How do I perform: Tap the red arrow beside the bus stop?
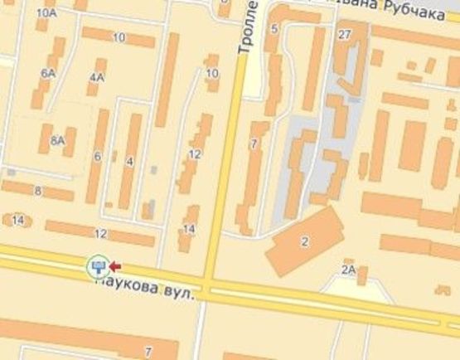point(115,266)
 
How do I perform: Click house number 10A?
point(47,14)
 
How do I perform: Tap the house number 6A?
point(47,74)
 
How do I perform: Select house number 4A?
point(97,78)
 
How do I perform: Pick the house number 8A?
point(57,141)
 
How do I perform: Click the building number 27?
point(345,34)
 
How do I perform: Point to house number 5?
point(274,29)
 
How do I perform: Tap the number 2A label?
point(348,270)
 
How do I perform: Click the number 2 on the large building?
point(305,241)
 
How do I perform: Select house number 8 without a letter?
point(37,192)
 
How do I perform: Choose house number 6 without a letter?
point(97,156)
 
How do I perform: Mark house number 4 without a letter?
point(129,161)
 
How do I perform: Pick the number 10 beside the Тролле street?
point(212,74)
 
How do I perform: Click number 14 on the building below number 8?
point(17,220)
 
